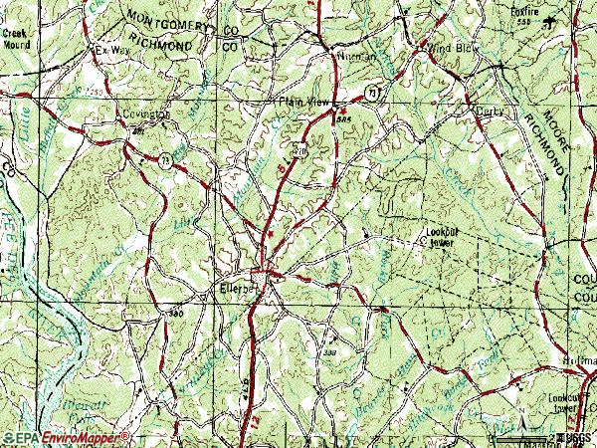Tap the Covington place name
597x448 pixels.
pos(147,115)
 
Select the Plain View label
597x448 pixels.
pos(304,101)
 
